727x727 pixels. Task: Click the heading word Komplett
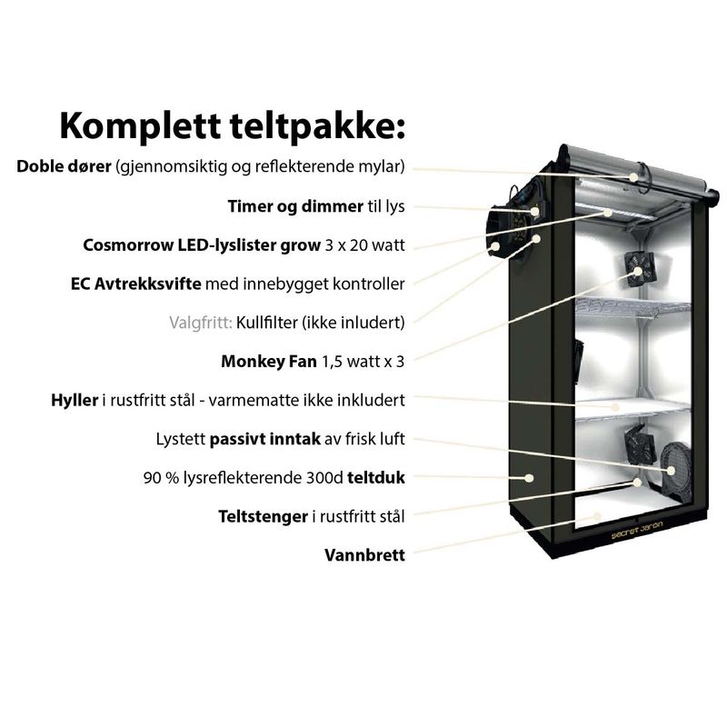(x=140, y=126)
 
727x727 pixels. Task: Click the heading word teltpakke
(x=314, y=126)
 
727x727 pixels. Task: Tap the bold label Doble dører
(x=64, y=166)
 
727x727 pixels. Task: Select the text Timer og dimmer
(x=295, y=206)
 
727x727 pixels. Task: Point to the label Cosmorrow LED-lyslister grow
(x=202, y=244)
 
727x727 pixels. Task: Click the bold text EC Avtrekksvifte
(x=135, y=284)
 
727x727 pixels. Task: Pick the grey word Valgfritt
(x=200, y=323)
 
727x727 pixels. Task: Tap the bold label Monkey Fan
(x=269, y=361)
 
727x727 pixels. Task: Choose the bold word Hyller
(x=75, y=400)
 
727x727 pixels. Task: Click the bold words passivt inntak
(x=264, y=439)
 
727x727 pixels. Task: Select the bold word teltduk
(x=376, y=478)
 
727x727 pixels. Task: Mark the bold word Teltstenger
(x=263, y=516)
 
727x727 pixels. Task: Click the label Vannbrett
(x=364, y=555)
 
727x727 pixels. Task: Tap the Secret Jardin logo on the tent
(x=637, y=531)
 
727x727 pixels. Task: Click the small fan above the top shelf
(x=639, y=271)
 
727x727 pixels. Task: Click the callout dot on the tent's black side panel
(x=529, y=478)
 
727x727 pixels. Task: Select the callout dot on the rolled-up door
(x=633, y=177)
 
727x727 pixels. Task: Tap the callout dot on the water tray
(x=598, y=516)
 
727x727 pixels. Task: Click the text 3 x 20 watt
(x=365, y=244)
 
